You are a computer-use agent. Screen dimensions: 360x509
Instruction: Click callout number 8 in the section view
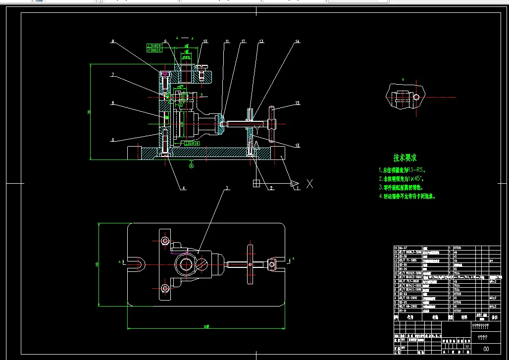tap(113, 42)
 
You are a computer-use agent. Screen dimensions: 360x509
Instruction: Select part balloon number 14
tap(298, 42)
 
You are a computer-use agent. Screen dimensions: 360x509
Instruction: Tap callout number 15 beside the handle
tap(298, 103)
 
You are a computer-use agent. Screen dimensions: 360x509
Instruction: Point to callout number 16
tap(298, 145)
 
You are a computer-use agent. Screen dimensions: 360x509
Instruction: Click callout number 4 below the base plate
tap(184, 188)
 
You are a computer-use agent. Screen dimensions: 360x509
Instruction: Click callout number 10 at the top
tap(205, 42)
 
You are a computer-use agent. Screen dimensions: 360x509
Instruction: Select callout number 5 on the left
tap(113, 140)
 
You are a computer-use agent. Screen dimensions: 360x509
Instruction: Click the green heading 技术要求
tap(405, 158)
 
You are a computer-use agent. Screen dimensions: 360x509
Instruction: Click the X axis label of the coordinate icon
tap(310, 184)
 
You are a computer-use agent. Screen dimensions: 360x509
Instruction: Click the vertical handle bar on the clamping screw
tap(271, 123)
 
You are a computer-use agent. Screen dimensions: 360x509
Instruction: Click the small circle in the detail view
tap(416, 98)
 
